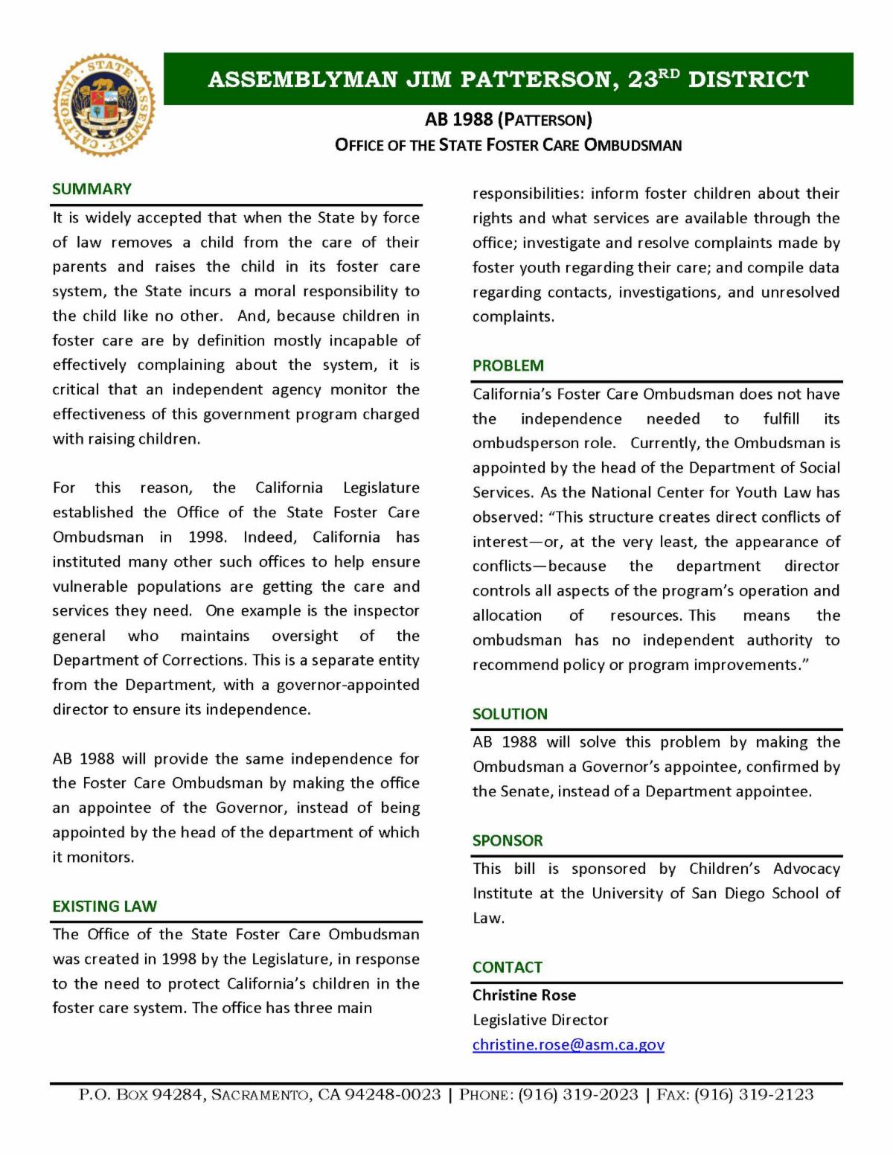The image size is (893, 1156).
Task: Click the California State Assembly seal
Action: click(x=104, y=104)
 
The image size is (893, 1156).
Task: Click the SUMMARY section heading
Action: click(x=92, y=189)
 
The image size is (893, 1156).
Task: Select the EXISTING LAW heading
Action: click(x=104, y=906)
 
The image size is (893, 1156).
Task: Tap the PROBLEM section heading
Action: click(x=508, y=365)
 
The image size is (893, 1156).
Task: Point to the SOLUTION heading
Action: click(x=510, y=714)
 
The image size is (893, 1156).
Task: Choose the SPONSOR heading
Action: click(x=508, y=840)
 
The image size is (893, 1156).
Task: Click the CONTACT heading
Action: click(x=508, y=967)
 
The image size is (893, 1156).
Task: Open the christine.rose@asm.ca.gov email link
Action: click(x=569, y=1044)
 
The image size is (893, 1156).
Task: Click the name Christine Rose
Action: click(x=524, y=995)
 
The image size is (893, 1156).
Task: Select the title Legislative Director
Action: click(x=540, y=1020)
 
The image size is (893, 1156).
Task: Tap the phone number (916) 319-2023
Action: click(x=578, y=1094)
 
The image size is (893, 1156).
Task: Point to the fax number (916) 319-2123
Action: click(x=754, y=1094)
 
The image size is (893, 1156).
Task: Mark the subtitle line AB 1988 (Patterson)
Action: click(x=508, y=119)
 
